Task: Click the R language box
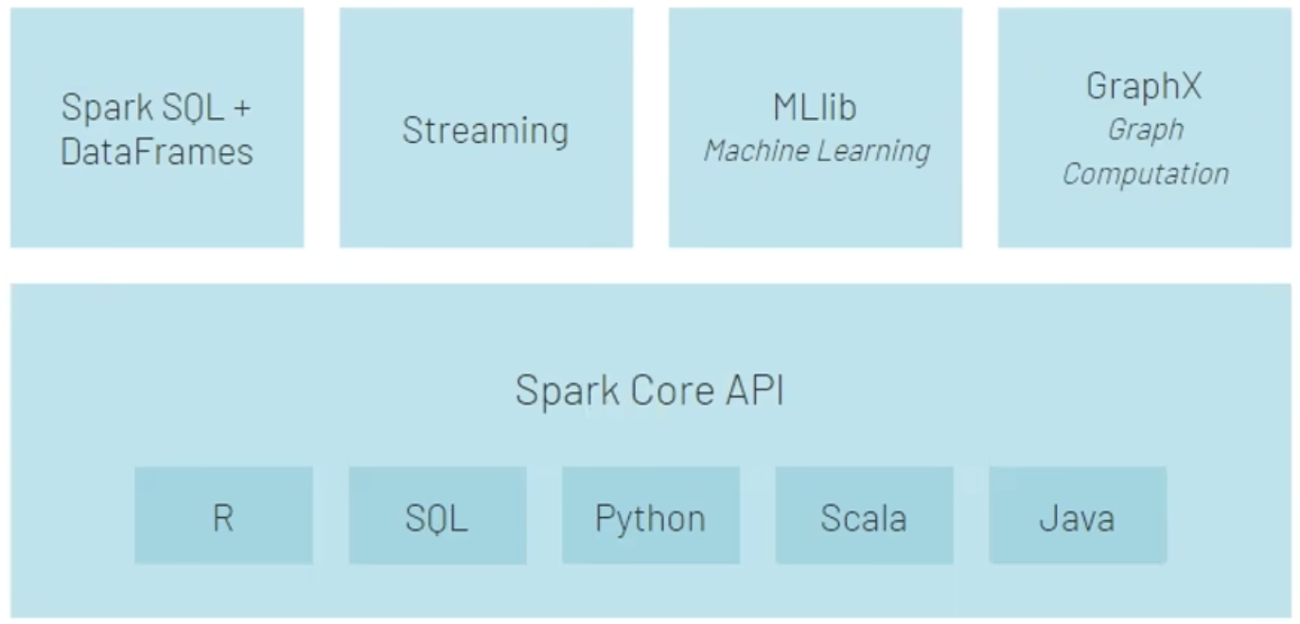point(223,516)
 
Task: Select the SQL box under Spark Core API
point(437,516)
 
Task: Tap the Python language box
point(650,516)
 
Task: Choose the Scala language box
point(864,516)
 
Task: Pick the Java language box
point(1077,516)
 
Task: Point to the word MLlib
point(815,108)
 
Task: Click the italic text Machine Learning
point(817,150)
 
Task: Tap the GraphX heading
point(1144,86)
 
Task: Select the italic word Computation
point(1145,174)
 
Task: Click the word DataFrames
point(157,151)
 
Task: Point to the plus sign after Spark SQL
point(241,108)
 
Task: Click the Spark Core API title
point(649,390)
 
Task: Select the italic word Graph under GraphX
point(1145,130)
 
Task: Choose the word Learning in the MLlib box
point(873,150)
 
